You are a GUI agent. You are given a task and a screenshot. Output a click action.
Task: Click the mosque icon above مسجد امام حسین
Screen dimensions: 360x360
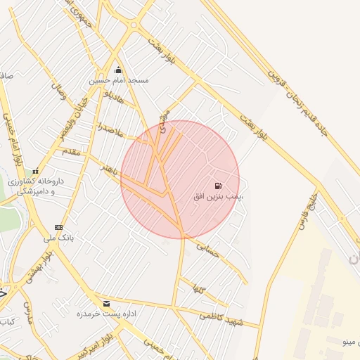[x=117, y=70]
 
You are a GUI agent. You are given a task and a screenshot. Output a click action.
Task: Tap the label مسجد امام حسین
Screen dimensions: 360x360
[x=118, y=81]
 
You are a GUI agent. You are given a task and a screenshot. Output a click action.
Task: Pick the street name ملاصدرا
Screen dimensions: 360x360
[x=110, y=131]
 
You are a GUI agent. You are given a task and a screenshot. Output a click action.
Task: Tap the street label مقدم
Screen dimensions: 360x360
[x=72, y=151]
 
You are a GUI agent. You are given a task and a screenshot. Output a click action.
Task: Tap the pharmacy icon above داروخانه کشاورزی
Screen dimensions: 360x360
[x=35, y=171]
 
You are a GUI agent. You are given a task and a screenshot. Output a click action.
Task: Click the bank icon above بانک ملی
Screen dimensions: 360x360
[x=58, y=227]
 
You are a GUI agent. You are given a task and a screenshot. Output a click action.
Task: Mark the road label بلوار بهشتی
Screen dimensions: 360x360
[x=39, y=266]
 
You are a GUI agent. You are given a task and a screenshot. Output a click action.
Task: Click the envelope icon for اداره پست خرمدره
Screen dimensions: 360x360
[x=106, y=303]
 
